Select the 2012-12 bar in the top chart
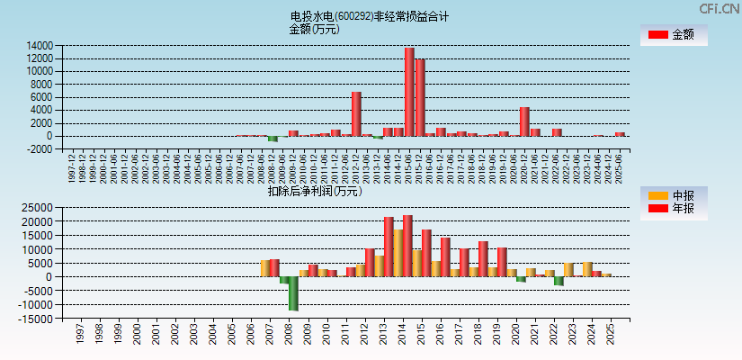[356, 113]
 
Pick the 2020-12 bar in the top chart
[524, 121]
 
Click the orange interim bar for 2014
[398, 253]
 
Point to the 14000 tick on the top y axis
[40, 46]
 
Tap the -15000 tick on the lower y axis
[37, 319]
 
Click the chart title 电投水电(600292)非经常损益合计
[370, 16]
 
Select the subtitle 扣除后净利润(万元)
[314, 191]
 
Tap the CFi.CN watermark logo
[719, 8]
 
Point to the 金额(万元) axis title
[314, 29]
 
